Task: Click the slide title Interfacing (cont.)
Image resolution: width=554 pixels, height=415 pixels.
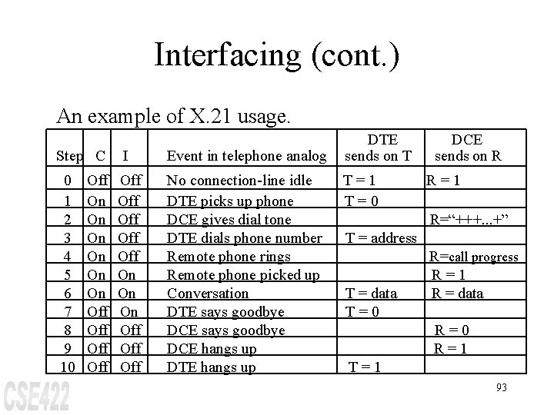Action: pos(276,56)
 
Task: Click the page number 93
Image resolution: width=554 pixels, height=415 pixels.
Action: pos(501,387)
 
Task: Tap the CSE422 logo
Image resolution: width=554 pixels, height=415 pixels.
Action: pos(36,394)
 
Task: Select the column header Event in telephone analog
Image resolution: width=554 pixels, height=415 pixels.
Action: pos(246,156)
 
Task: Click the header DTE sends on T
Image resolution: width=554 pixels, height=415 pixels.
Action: pos(382,148)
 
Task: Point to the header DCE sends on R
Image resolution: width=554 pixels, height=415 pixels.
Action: pos(468,148)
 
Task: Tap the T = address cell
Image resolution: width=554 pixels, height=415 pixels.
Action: pos(381,237)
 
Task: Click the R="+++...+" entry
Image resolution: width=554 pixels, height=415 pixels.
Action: pos(472,219)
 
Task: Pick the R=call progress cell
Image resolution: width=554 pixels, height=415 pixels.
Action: pos(473,257)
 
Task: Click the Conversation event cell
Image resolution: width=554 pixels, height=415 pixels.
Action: pos(208,293)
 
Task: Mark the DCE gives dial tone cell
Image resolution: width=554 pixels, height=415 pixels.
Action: pos(229,219)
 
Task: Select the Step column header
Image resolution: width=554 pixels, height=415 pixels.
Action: pos(68,156)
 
